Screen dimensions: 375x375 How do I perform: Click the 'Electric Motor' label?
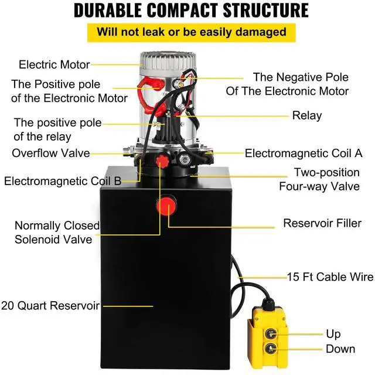point(54,64)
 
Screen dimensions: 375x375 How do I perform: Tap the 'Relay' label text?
point(307,115)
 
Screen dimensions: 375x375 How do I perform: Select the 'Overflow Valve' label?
point(51,154)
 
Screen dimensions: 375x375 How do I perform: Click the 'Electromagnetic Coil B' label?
point(63,181)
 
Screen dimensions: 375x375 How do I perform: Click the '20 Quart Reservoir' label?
point(50,305)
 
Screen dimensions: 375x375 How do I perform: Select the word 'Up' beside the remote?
point(333,334)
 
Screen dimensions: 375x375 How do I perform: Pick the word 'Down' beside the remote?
point(341,349)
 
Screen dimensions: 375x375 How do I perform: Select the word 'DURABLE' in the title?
point(110,10)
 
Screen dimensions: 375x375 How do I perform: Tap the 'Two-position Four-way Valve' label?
point(326,180)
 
